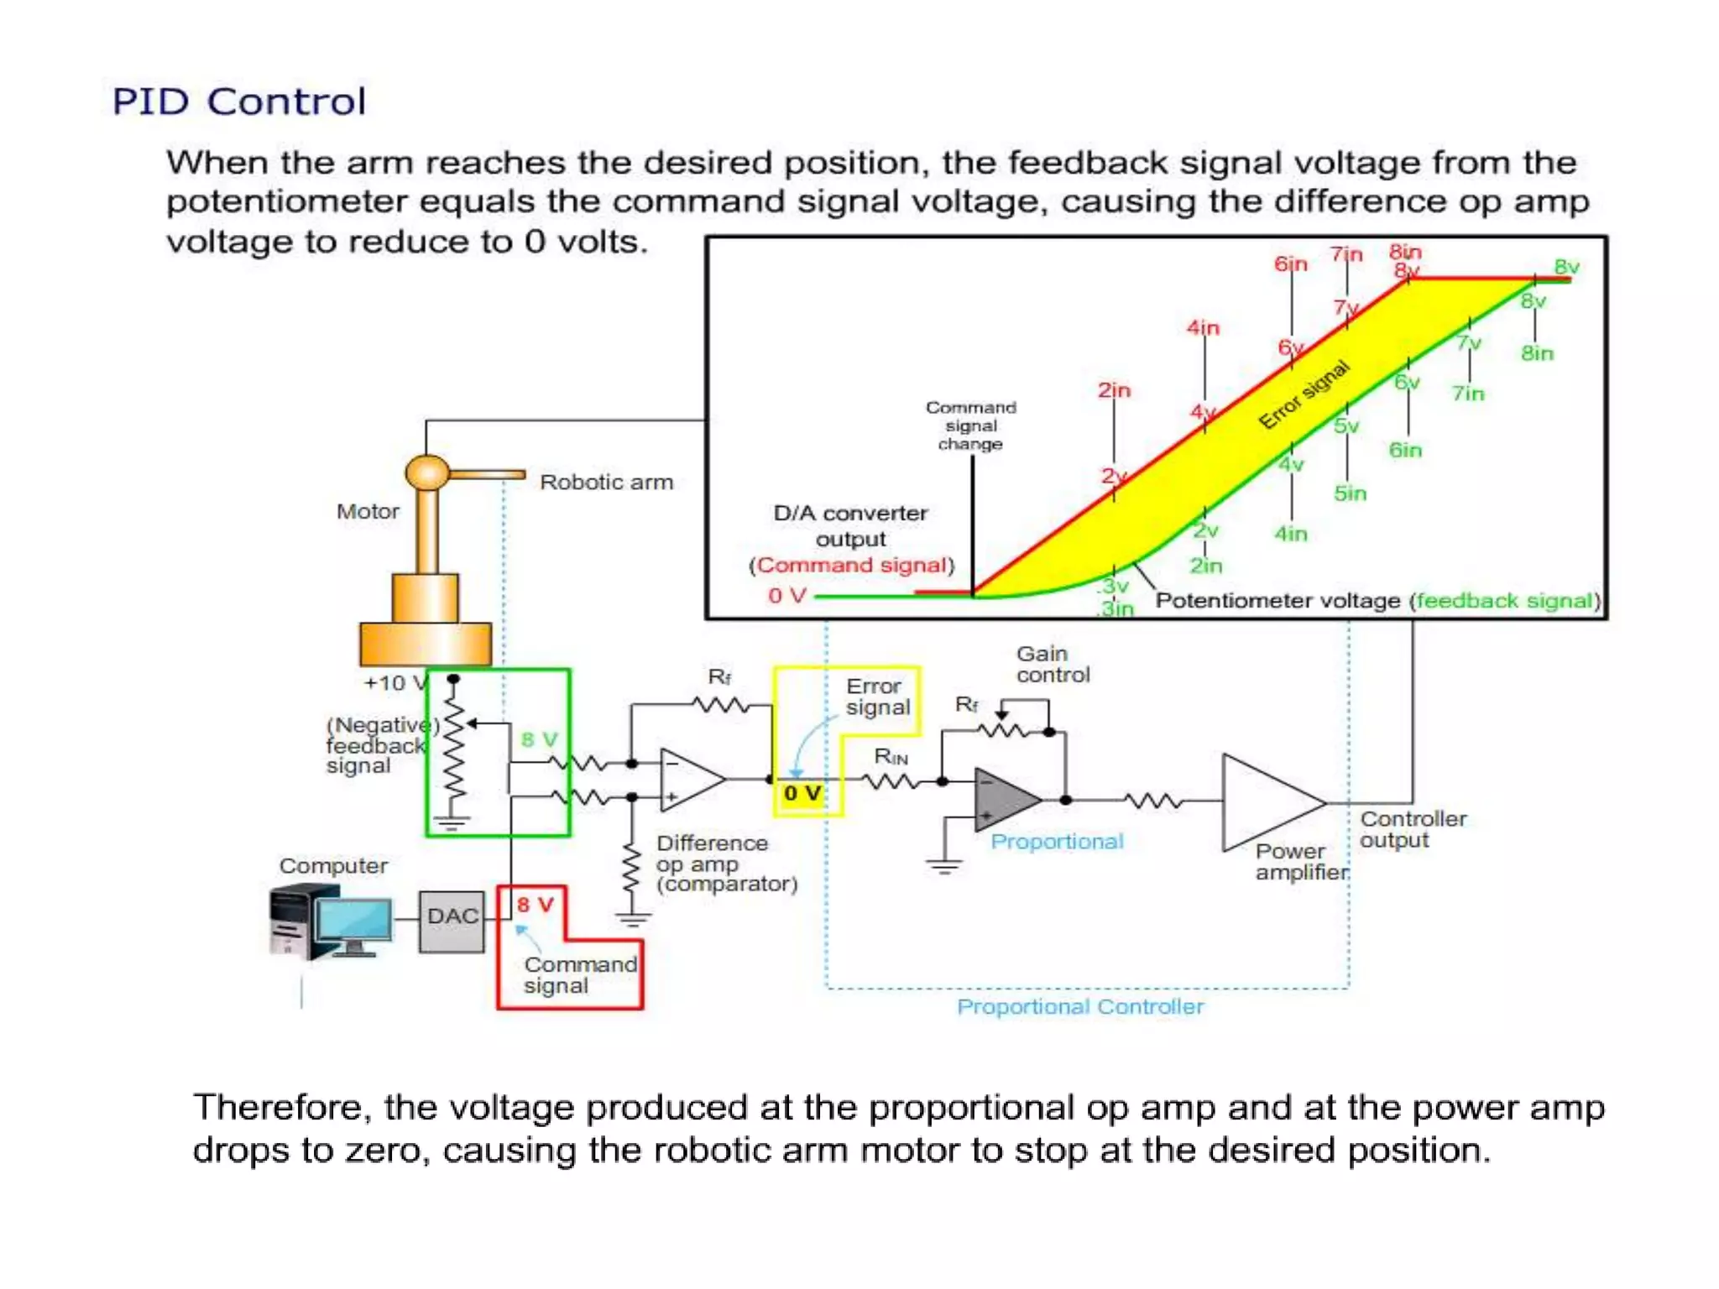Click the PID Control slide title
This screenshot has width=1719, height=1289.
pyautogui.click(x=239, y=102)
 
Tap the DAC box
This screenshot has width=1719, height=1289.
pyautogui.click(x=452, y=917)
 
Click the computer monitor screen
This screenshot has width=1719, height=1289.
pyautogui.click(x=355, y=920)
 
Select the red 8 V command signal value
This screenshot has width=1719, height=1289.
pyautogui.click(x=535, y=905)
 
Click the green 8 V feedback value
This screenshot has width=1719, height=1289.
pyautogui.click(x=539, y=739)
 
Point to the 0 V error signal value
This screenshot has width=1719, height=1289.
pyautogui.click(x=802, y=794)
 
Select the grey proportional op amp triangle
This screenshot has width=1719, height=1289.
pyautogui.click(x=1002, y=799)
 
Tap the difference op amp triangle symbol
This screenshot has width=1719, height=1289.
pyautogui.click(x=688, y=780)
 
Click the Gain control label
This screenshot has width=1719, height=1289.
pyautogui.click(x=1053, y=664)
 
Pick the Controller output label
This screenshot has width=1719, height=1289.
pyautogui.click(x=1413, y=829)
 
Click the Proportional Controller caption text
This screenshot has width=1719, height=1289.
pyautogui.click(x=1080, y=1006)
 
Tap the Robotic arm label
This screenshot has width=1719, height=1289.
pyautogui.click(x=606, y=483)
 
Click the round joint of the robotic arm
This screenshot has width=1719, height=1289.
pyautogui.click(x=427, y=473)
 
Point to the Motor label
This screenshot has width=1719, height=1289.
pyautogui.click(x=368, y=511)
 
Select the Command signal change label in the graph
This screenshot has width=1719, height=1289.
pyautogui.click(x=970, y=425)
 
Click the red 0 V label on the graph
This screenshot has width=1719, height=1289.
pyautogui.click(x=786, y=596)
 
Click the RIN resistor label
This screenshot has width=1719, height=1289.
pyautogui.click(x=891, y=756)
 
